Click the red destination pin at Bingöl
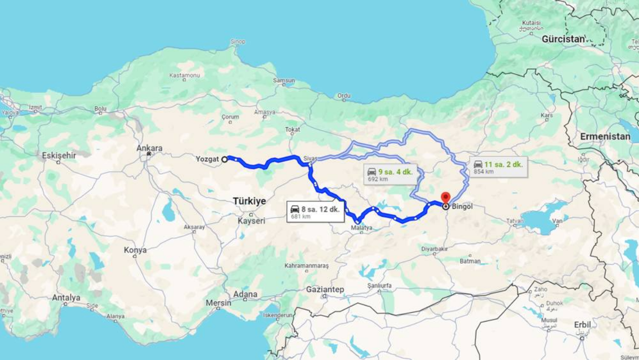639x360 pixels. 445,197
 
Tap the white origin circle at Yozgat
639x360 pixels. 225,159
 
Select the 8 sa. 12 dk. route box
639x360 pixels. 316,212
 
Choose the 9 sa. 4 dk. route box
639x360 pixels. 390,174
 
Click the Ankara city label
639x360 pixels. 149,148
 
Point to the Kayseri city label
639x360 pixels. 251,221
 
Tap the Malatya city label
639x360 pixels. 361,228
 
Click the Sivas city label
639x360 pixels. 310,158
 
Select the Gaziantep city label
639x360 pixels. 325,290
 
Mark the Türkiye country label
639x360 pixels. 249,201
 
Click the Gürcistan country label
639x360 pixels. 563,39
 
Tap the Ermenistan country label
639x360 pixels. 605,136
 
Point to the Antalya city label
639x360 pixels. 66,298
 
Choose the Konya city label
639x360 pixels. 135,250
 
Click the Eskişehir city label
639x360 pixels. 59,155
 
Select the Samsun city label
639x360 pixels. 284,80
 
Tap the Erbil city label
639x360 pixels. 582,324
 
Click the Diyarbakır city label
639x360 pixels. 434,248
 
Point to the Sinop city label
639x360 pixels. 238,41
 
